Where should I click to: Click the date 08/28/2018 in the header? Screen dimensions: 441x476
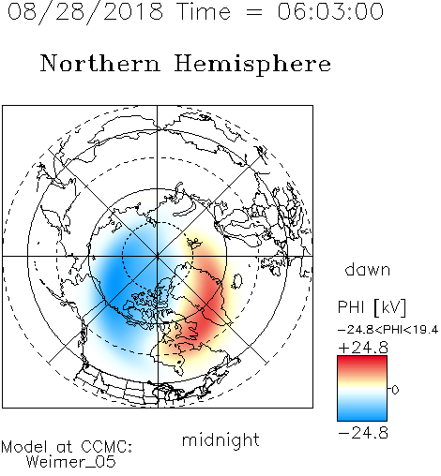(85, 11)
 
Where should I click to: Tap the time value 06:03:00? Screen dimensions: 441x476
(330, 11)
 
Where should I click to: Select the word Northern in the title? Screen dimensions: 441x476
(100, 63)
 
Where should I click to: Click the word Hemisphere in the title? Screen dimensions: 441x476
(252, 64)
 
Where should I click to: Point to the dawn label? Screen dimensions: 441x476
(368, 269)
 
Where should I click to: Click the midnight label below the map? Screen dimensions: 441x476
(220, 439)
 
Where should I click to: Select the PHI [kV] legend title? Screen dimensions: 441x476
(372, 307)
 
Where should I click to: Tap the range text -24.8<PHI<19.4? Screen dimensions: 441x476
(388, 330)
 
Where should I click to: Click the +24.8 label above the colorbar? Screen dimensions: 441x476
(363, 348)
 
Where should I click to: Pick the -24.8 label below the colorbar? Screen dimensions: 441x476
(363, 433)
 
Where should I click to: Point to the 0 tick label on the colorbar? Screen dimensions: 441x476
(395, 390)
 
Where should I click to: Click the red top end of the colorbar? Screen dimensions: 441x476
(362, 359)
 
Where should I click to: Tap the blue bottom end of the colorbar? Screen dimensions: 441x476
(362, 417)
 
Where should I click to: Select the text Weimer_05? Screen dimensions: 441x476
(71, 462)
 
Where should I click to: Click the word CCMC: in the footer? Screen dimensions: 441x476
(107, 447)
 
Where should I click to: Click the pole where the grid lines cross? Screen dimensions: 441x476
(158, 256)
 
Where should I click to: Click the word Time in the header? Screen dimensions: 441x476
(204, 11)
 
